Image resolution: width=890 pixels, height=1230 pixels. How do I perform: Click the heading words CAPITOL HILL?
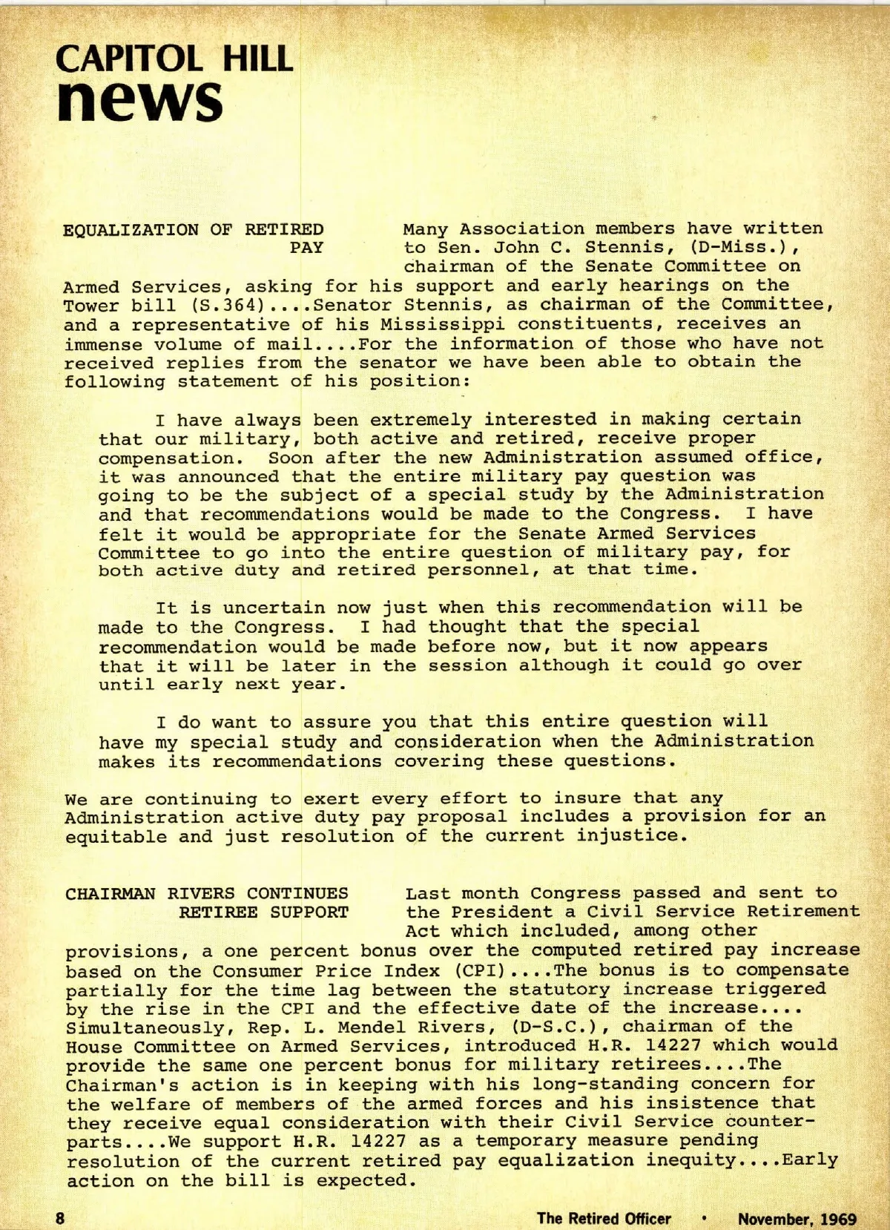coord(175,59)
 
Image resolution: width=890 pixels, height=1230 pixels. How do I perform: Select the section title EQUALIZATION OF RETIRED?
coord(194,229)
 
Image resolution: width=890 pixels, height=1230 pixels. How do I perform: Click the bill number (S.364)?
coord(205,306)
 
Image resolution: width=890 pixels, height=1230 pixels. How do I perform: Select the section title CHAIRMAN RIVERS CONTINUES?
coord(207,893)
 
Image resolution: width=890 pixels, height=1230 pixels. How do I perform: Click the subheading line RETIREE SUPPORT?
coord(263,912)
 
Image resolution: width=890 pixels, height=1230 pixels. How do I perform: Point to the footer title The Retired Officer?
coord(604,1218)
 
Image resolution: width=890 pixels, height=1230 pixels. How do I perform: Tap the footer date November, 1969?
coord(797,1218)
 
